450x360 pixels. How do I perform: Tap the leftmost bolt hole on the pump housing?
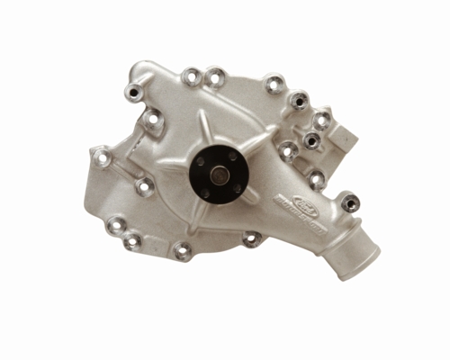click(103, 157)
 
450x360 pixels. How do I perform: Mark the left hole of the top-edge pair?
click(191, 77)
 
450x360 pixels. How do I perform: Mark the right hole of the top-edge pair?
click(214, 77)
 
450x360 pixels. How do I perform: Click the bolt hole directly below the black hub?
click(251, 238)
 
